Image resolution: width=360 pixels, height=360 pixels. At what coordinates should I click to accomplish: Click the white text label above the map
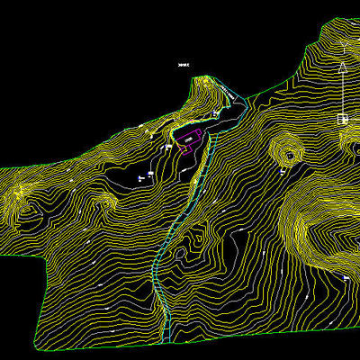click(184, 65)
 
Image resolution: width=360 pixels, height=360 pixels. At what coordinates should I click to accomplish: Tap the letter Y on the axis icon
click(344, 44)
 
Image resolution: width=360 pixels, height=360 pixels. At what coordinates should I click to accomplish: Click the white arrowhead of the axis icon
click(343, 67)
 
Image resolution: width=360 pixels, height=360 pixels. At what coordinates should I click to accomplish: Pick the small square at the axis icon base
click(343, 119)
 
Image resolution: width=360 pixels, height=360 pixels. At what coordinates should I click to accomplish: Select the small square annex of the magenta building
click(185, 148)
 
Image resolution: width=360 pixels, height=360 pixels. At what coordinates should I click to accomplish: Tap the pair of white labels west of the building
click(142, 177)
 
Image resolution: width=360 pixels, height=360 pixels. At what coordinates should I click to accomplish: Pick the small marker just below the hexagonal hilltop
click(286, 170)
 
